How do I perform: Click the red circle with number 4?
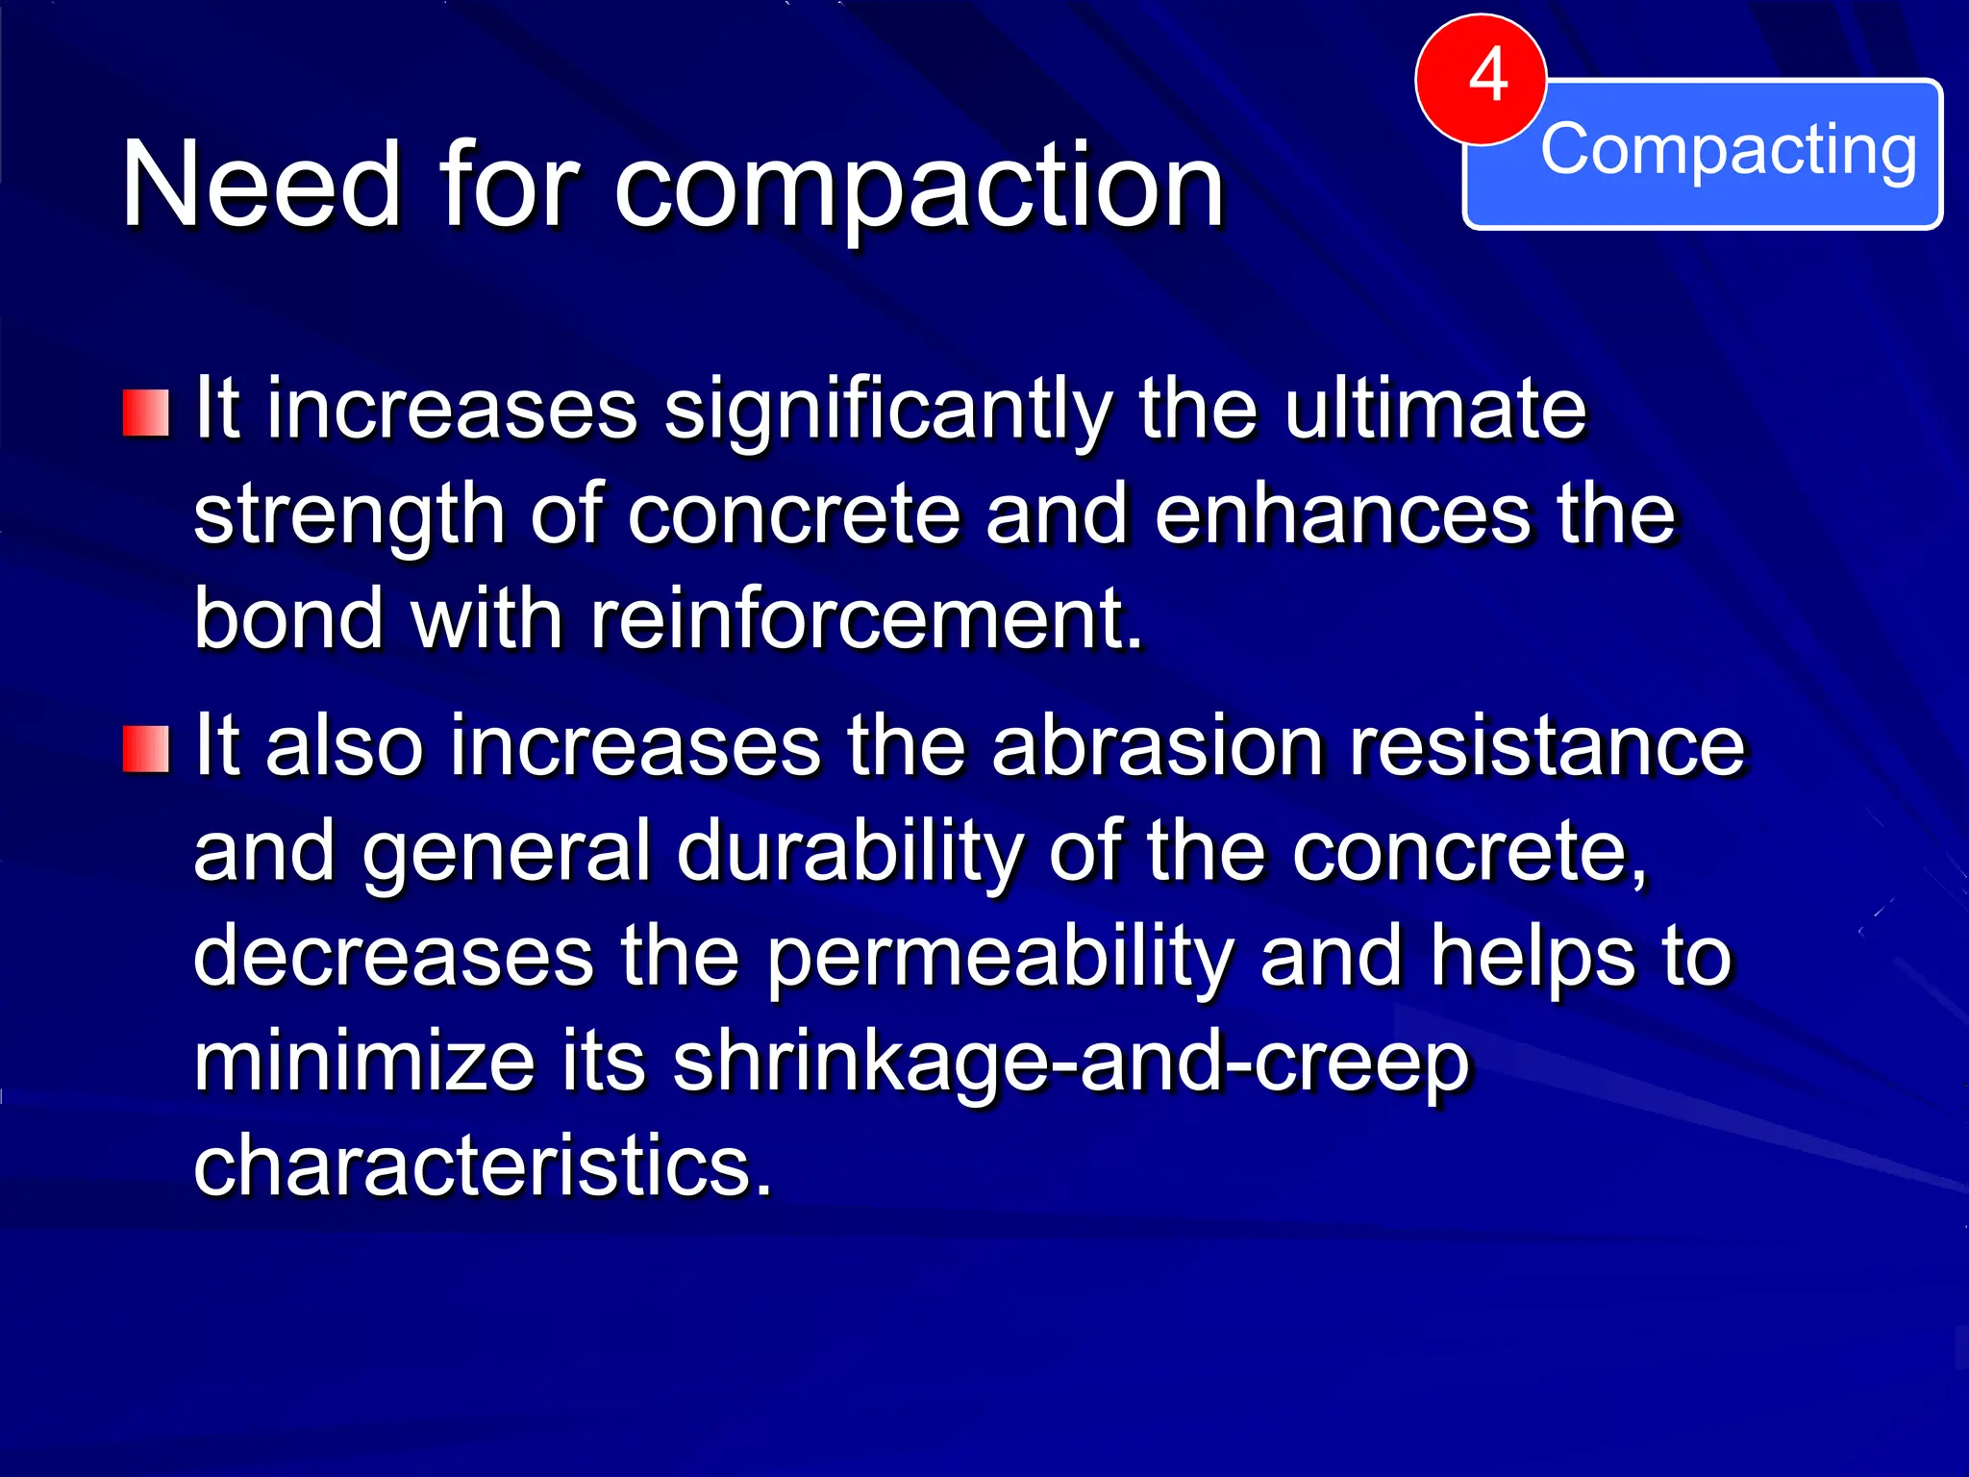(1481, 79)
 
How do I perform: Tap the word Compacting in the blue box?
(1728, 150)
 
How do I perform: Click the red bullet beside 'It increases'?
(146, 413)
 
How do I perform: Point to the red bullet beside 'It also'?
(146, 749)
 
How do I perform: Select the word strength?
(349, 516)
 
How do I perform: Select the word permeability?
(999, 958)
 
